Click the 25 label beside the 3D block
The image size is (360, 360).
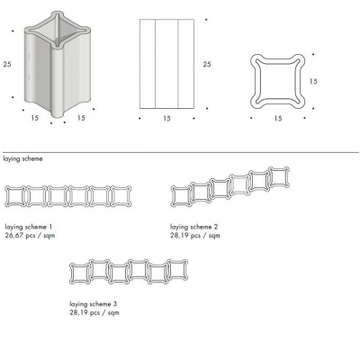pyautogui.click(x=7, y=64)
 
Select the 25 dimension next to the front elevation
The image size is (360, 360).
pyautogui.click(x=207, y=64)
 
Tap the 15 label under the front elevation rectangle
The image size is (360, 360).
pyautogui.click(x=166, y=119)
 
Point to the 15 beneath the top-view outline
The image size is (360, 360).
pyautogui.click(x=278, y=119)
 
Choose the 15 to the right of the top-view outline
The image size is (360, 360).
pyautogui.click(x=313, y=81)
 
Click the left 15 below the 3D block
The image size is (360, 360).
pyautogui.click(x=34, y=118)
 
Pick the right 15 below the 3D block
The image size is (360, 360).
pyautogui.click(x=81, y=118)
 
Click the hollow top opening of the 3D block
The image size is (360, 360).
pyautogui.click(x=57, y=30)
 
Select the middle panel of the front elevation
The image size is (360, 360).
pyautogui.click(x=166, y=64)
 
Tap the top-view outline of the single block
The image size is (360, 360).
pyautogui.click(x=251, y=81)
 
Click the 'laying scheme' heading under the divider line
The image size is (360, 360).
pyautogui.click(x=22, y=158)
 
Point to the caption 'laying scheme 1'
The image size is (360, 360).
pyautogui.click(x=29, y=227)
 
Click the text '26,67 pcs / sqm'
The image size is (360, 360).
pyautogui.click(x=30, y=235)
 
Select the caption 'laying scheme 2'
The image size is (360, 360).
pyautogui.click(x=194, y=227)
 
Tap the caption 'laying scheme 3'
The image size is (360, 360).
pyautogui.click(x=94, y=304)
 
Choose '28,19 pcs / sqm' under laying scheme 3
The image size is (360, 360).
pyautogui.click(x=94, y=312)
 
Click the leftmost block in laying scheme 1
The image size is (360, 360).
pyautogui.click(x=6, y=196)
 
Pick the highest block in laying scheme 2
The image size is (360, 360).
pyautogui.click(x=270, y=177)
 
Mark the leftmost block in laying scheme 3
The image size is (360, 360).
pyautogui.click(x=71, y=274)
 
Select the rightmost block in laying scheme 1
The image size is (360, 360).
pyautogui.click(x=130, y=196)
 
